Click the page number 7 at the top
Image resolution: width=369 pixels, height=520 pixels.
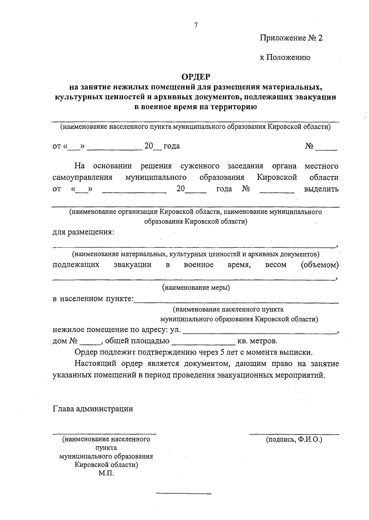(x=196, y=26)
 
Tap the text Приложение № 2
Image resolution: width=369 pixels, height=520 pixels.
(x=292, y=38)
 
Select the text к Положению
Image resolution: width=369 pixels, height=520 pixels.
(x=285, y=57)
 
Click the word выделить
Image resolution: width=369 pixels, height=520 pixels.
(x=321, y=189)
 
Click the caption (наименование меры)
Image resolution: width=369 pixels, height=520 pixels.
(x=196, y=288)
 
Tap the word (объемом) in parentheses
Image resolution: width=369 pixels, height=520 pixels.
(x=320, y=265)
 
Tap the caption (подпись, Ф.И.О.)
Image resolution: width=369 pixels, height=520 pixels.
(x=294, y=439)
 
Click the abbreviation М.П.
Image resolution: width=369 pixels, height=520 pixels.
(x=106, y=474)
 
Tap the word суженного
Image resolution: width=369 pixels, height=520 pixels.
(x=200, y=166)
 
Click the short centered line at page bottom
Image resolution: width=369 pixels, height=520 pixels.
(x=184, y=494)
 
